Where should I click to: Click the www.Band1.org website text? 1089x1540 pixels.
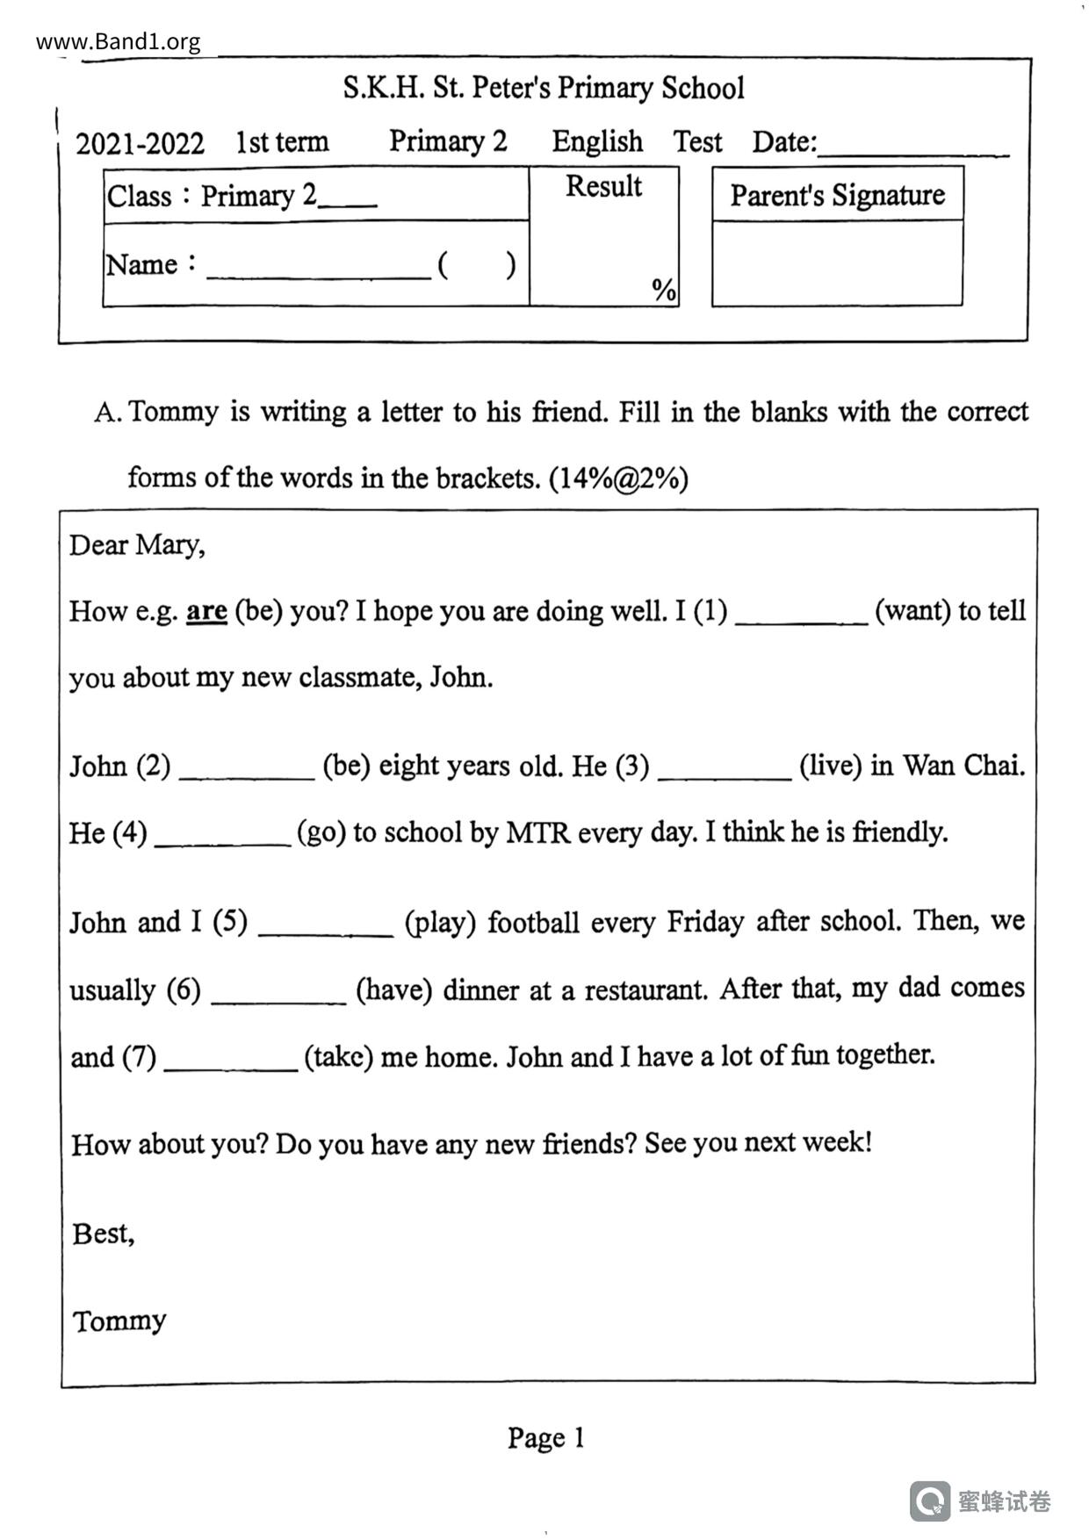[119, 41]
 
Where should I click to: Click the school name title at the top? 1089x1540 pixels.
[544, 88]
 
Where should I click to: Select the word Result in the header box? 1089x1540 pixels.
[603, 186]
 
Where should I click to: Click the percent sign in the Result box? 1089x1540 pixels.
[664, 289]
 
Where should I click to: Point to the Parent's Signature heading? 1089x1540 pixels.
[837, 195]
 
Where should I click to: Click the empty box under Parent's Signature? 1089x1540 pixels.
[837, 263]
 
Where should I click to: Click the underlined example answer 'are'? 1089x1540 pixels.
[206, 610]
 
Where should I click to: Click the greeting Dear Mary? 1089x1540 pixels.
[138, 545]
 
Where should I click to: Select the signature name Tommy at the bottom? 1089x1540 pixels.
[119, 1321]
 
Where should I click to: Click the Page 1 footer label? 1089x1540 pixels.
[545, 1437]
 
